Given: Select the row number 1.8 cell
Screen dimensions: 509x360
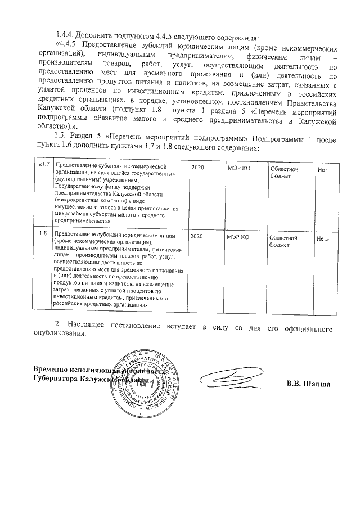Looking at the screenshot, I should coord(43,232).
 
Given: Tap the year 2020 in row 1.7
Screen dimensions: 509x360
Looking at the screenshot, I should coord(197,167).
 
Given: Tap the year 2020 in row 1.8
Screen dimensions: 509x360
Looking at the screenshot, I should coord(197,237).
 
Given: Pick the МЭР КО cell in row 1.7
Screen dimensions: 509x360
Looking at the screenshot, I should coord(237,168).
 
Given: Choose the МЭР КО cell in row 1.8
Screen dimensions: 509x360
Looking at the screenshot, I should coord(237,237).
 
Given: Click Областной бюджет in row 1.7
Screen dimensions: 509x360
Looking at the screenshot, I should coord(283,172).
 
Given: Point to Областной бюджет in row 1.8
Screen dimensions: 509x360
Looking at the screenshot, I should coord(283,241).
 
